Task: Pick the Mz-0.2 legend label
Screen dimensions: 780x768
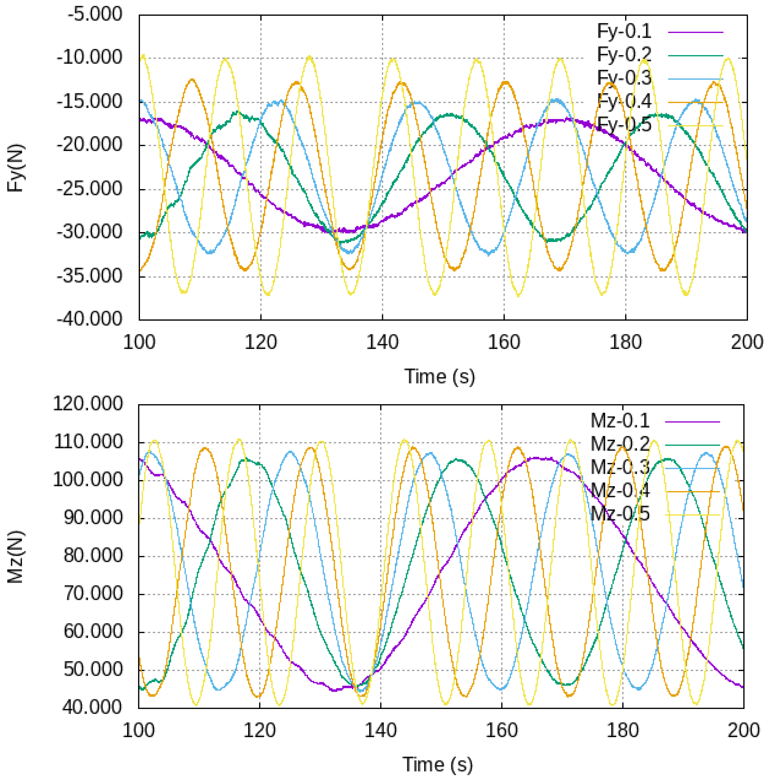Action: (620, 444)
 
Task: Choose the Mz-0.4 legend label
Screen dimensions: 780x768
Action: (620, 490)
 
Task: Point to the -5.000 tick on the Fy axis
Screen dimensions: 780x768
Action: (95, 14)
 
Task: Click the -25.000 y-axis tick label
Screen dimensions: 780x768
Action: (89, 189)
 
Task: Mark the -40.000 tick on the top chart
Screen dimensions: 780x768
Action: (89, 319)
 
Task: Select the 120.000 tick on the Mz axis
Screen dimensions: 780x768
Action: (88, 404)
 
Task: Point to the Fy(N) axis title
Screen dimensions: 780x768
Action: (16, 168)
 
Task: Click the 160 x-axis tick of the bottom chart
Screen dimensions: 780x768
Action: (501, 731)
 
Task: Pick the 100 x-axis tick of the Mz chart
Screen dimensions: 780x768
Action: (138, 731)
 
